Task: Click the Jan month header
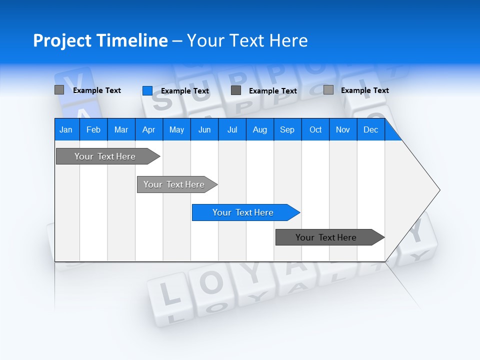coord(66,129)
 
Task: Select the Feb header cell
coord(93,129)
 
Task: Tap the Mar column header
coord(121,129)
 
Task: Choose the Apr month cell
coord(148,129)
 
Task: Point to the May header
coord(176,129)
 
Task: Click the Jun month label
coord(204,129)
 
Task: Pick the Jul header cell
coord(232,129)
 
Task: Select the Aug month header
coord(259,129)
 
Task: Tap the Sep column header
coord(287,129)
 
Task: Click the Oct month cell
coord(315,129)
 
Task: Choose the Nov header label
coord(343,129)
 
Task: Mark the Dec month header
coord(370,129)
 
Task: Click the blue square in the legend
coord(147,90)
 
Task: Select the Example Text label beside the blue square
coord(184,91)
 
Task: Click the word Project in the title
coord(62,40)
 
